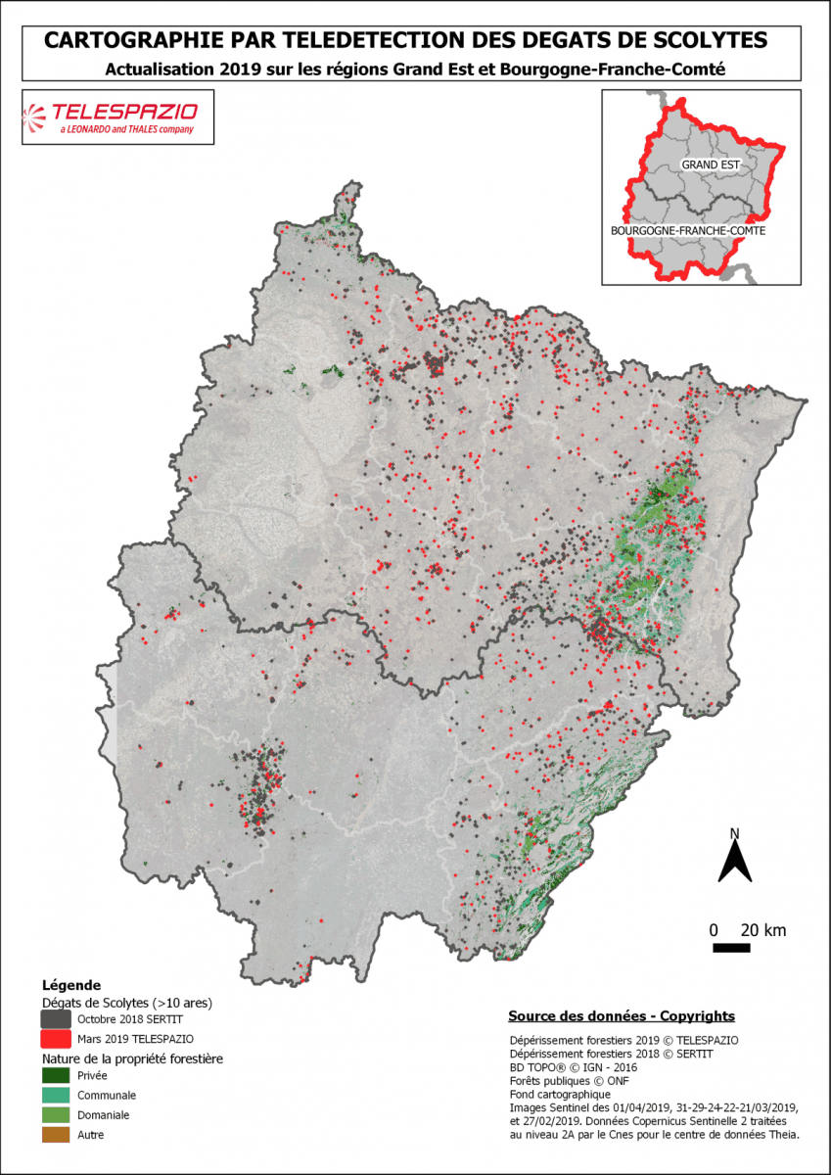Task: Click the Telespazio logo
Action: coord(116,117)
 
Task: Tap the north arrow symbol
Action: coord(734,862)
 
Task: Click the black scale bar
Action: coord(730,948)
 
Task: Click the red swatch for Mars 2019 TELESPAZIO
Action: coord(56,1038)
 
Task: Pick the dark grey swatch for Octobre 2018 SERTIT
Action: coord(56,1018)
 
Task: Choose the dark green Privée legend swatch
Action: coord(56,1076)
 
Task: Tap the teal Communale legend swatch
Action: coord(56,1096)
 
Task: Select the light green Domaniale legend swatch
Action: coord(56,1115)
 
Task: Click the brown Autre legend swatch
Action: coord(56,1135)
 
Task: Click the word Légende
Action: coord(70,985)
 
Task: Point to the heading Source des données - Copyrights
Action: coord(622,1016)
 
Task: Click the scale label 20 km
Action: coord(762,930)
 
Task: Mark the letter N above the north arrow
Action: coord(734,833)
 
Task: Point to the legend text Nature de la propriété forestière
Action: coord(132,1059)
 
